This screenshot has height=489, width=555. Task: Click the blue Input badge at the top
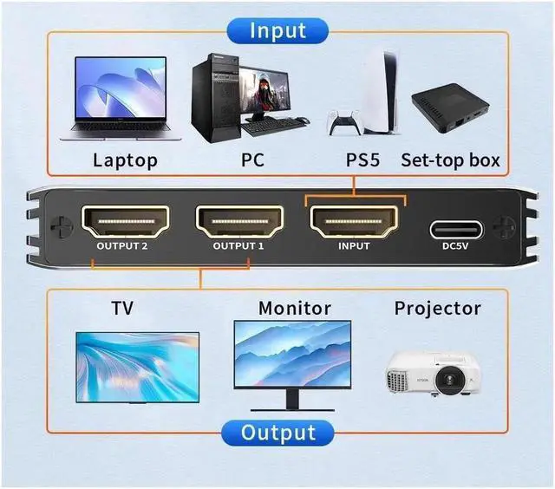click(x=277, y=30)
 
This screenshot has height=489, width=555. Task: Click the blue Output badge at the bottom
click(x=277, y=432)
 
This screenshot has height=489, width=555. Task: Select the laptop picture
click(x=121, y=98)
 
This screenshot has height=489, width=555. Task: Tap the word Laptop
click(x=125, y=160)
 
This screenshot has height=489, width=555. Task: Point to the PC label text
click(x=252, y=160)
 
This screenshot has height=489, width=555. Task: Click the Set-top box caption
click(x=450, y=160)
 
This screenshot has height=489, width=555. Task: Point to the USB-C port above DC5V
click(x=457, y=230)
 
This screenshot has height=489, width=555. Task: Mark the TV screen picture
click(x=137, y=366)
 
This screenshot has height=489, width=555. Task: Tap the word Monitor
click(x=295, y=309)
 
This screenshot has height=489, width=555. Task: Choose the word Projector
click(x=437, y=309)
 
